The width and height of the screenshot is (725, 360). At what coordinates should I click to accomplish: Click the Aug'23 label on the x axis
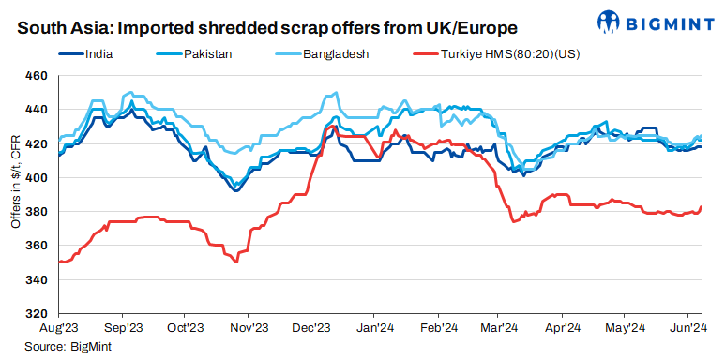58,328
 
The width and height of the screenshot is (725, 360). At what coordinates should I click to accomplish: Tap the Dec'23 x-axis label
310,328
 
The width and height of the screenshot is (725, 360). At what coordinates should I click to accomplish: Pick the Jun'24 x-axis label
688,328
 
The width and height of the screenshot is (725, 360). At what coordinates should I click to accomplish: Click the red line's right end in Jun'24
702,206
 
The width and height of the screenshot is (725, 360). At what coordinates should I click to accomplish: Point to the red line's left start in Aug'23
59,262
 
